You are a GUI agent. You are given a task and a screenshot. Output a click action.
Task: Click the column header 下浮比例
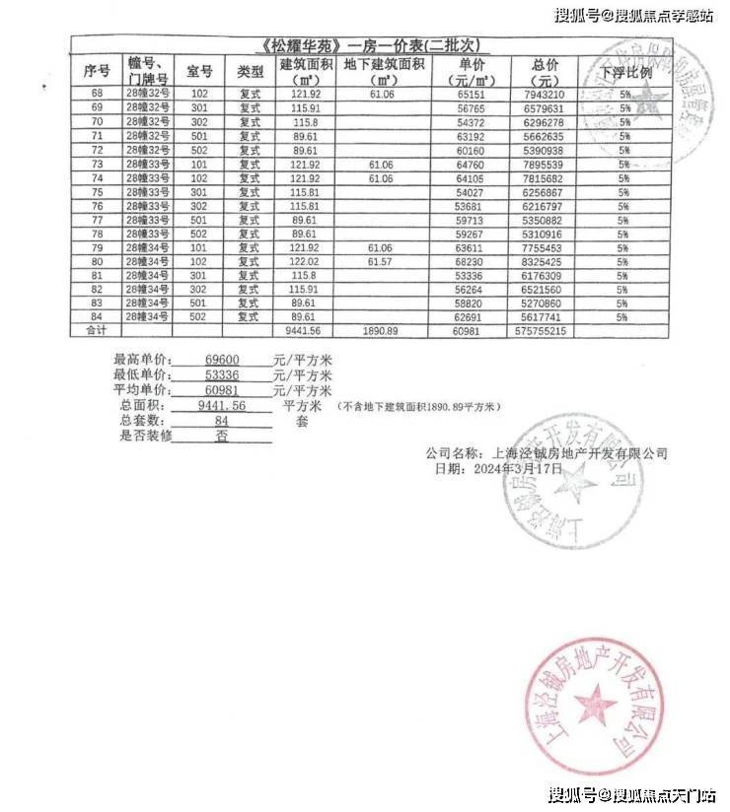[625, 73]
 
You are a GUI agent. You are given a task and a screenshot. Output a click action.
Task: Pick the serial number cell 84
[97, 317]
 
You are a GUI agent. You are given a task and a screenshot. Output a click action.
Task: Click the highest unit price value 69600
[222, 362]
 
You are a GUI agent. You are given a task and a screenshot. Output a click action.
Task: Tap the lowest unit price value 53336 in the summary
[222, 376]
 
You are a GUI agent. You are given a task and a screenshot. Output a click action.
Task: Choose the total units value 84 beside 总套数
[222, 421]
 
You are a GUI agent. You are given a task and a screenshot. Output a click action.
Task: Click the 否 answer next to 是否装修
[221, 435]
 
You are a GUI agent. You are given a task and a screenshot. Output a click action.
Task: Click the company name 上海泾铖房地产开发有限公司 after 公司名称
[579, 454]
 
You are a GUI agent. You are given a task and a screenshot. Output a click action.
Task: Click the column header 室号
[199, 73]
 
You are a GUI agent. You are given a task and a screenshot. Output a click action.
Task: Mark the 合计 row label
[97, 332]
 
